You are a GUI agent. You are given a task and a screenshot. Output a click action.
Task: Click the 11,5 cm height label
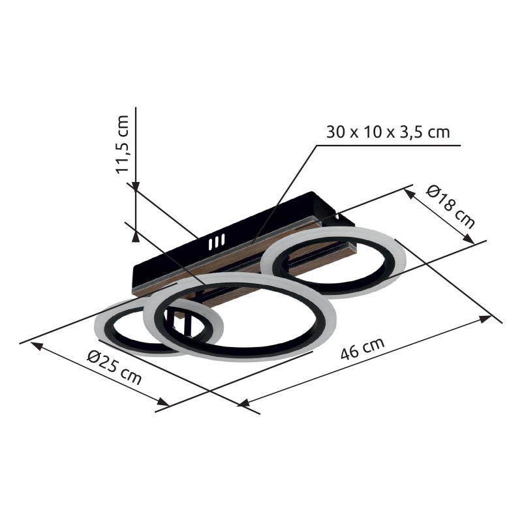click(122, 144)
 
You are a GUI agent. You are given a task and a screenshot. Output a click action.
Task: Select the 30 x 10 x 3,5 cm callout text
click(388, 132)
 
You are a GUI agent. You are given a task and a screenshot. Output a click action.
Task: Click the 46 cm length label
click(363, 348)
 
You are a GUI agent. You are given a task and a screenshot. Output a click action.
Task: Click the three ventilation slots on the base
click(217, 242)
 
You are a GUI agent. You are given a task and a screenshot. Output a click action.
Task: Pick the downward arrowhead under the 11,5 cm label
click(136, 187)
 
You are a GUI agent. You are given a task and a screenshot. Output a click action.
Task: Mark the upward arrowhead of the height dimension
click(136, 237)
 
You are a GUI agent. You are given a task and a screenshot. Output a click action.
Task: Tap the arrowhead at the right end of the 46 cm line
click(485, 318)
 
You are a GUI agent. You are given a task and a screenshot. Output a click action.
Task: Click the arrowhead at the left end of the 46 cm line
click(243, 403)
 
